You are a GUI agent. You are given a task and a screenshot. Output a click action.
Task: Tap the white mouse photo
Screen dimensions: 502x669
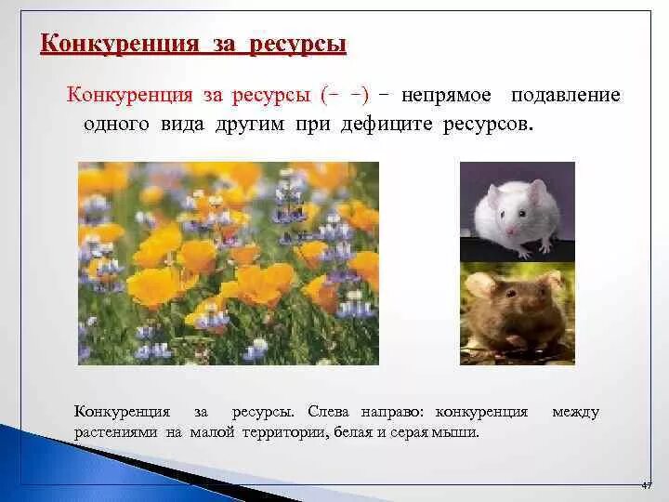[x=518, y=211]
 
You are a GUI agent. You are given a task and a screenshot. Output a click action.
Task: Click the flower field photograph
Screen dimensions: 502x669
[x=229, y=263]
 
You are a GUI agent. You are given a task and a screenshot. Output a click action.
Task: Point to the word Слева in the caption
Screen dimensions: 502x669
[x=326, y=412]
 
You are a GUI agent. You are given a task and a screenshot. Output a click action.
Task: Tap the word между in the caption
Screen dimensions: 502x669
[x=575, y=412]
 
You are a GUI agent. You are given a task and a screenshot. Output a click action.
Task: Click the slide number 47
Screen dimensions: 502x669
[x=648, y=485]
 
